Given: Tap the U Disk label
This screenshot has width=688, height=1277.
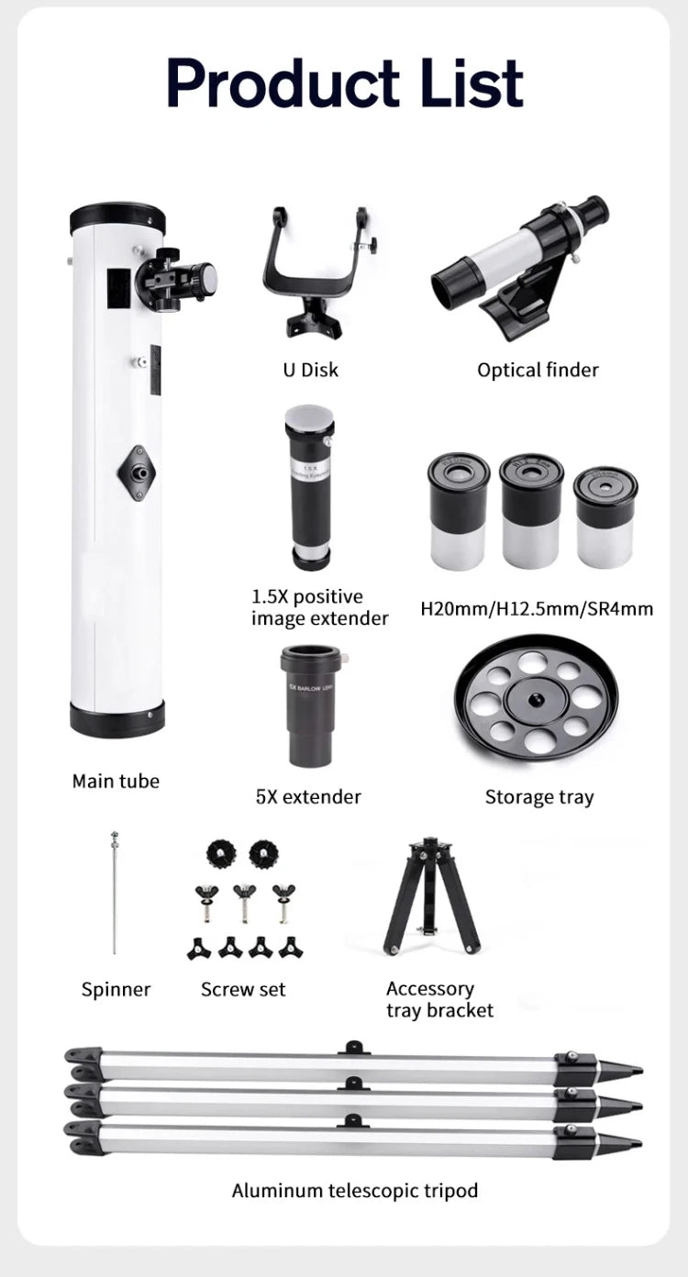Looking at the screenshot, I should tap(309, 370).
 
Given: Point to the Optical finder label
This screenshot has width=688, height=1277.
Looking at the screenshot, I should tap(538, 370).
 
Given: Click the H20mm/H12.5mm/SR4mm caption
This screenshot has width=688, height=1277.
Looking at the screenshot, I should tap(537, 608).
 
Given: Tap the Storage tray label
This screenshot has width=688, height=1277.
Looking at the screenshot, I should tap(538, 797).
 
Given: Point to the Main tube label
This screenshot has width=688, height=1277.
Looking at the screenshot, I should tap(116, 782).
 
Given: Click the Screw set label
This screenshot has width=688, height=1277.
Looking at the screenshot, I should tap(243, 990).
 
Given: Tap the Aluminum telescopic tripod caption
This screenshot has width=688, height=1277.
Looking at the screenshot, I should tap(354, 1191).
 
